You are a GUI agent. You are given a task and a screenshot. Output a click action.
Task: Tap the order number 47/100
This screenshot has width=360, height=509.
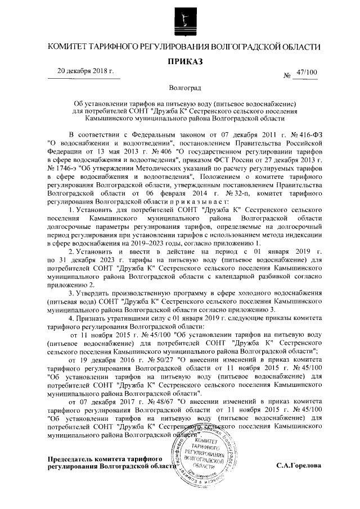307,73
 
